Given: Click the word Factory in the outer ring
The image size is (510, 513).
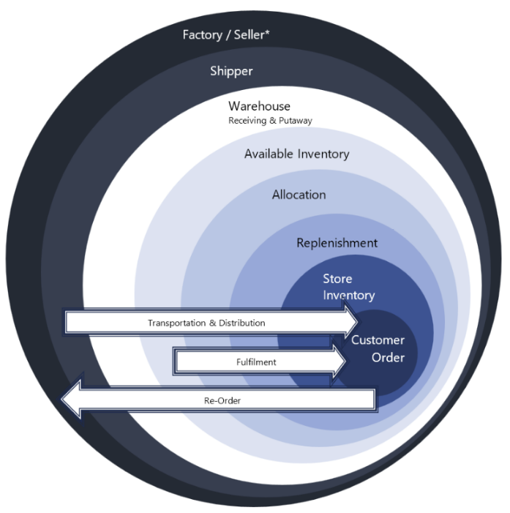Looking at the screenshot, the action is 203,35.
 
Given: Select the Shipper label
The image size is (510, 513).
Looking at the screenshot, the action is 231,71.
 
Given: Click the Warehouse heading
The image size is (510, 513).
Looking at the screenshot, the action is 259,106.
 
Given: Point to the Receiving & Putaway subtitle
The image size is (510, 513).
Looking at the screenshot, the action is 270,120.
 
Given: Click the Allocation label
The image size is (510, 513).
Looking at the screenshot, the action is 299,195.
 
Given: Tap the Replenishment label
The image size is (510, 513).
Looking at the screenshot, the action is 337,242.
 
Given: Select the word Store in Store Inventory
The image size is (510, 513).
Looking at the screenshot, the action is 337,279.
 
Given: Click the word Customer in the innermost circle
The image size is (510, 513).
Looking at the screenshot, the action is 378,340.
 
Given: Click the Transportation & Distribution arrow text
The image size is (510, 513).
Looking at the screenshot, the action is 206,323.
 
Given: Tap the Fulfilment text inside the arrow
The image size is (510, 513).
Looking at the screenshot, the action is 256,362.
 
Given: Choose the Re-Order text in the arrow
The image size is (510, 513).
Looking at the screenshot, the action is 222,400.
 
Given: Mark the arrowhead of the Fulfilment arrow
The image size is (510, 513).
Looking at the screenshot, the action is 337,362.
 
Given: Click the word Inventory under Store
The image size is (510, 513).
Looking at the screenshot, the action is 349,296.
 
